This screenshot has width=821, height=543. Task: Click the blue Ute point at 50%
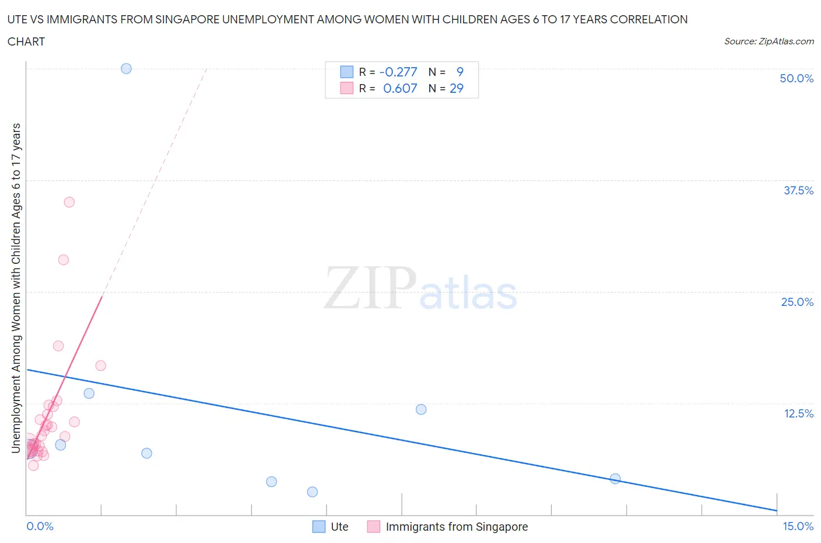(126, 68)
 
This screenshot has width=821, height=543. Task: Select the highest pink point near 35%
(69, 202)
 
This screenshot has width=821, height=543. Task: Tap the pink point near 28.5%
(64, 260)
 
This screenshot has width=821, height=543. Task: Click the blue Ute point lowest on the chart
(312, 492)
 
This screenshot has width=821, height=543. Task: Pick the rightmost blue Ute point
(615, 479)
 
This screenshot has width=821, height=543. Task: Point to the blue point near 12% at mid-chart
(421, 409)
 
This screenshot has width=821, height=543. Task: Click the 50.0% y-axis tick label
(796, 78)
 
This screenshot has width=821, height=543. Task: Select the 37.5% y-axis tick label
(798, 190)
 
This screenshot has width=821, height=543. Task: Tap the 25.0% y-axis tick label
(797, 302)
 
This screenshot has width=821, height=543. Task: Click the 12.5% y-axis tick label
(798, 413)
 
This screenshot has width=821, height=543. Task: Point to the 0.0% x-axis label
(40, 526)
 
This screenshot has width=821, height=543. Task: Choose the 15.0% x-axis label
(798, 526)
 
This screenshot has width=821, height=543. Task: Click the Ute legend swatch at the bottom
(319, 527)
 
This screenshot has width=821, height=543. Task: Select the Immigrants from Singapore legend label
(457, 527)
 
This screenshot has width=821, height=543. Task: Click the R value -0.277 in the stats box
(398, 72)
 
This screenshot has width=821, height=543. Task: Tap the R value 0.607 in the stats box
(400, 88)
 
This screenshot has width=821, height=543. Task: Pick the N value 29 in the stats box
(456, 88)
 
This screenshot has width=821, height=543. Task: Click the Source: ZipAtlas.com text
(768, 41)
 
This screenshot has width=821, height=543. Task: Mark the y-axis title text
(16, 288)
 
